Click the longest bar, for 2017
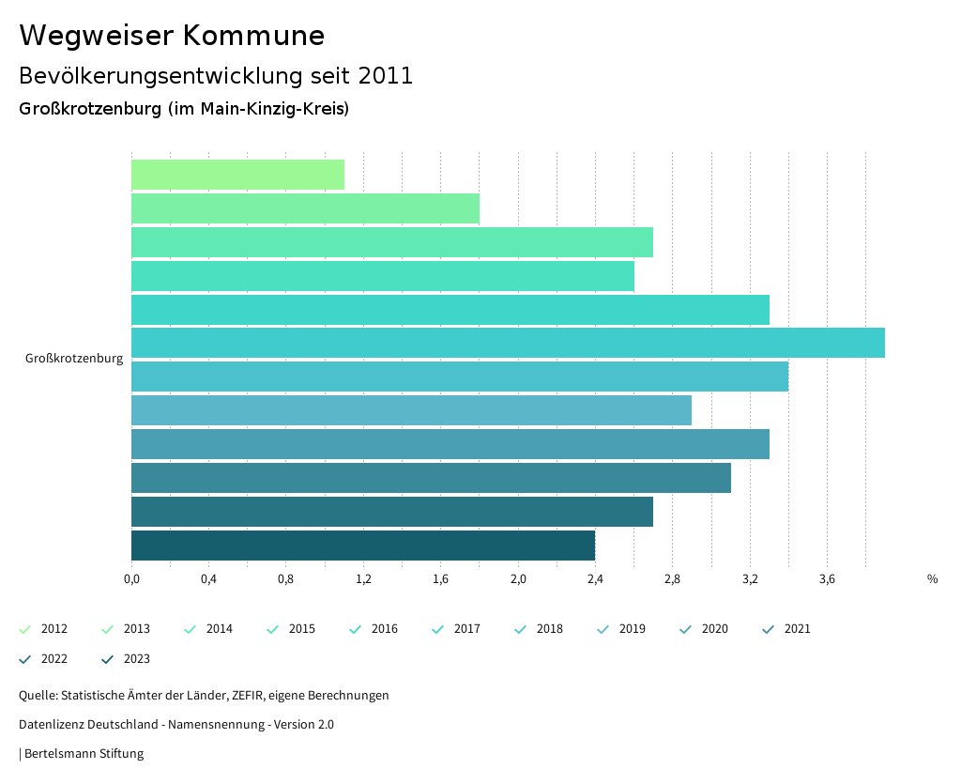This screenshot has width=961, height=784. [x=508, y=343]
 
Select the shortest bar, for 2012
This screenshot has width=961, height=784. [x=237, y=175]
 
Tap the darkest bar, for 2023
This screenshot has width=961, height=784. [x=363, y=546]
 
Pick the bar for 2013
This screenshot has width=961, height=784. [x=305, y=208]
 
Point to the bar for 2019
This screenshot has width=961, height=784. [x=411, y=410]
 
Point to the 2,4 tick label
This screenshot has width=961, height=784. [x=595, y=579]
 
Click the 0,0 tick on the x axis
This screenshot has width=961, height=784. [x=131, y=579]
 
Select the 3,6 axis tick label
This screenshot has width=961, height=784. [x=827, y=579]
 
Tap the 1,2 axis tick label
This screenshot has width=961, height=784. [x=363, y=579]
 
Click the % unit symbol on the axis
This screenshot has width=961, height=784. [x=932, y=579]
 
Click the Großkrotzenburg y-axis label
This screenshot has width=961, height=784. [x=74, y=359]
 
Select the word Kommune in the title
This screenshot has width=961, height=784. [x=253, y=36]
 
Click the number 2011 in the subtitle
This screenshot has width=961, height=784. [x=386, y=76]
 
